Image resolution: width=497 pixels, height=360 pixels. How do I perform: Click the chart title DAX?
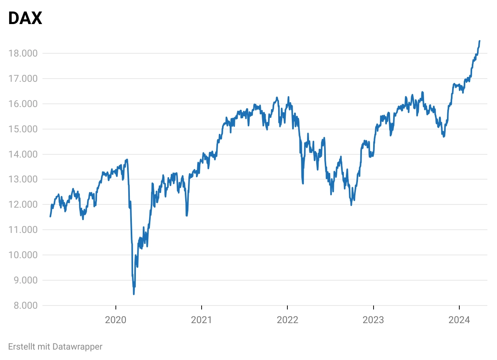[25, 18]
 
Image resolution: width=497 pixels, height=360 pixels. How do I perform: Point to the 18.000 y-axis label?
[23, 53]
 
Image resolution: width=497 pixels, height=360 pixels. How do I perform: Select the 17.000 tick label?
[23, 79]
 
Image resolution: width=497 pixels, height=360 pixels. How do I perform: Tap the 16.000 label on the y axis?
[23, 104]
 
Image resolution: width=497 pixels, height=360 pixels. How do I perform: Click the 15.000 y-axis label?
[23, 129]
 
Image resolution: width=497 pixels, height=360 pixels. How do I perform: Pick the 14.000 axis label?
[23, 154]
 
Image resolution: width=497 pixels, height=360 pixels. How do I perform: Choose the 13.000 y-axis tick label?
[23, 179]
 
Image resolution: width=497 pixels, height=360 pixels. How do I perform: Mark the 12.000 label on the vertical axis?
[23, 204]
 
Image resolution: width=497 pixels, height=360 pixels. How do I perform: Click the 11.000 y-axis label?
[23, 230]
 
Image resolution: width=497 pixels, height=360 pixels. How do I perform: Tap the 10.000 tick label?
[23, 255]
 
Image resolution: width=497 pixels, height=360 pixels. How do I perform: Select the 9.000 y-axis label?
[25, 280]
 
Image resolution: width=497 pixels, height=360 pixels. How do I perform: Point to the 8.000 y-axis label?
[25, 305]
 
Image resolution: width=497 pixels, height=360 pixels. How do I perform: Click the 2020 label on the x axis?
[115, 320]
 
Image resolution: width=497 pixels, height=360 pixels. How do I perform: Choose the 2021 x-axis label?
[202, 320]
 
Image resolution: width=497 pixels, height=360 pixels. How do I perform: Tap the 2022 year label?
[287, 320]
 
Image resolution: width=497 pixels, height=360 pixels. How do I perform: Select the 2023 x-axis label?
[373, 320]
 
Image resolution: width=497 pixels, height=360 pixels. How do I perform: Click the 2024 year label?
[459, 320]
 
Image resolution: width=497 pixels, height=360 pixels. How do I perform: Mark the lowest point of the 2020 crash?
[133, 294]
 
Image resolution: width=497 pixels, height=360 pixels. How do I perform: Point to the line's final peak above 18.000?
[480, 41]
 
